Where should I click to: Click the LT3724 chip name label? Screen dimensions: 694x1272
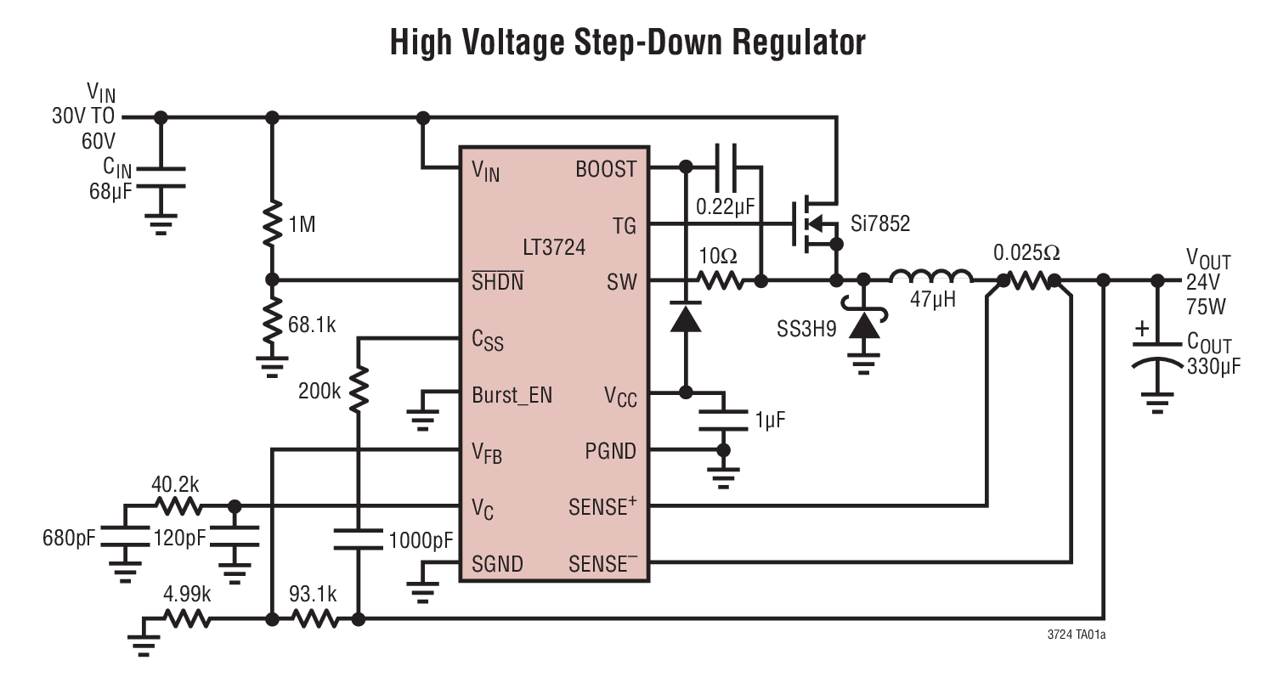554,247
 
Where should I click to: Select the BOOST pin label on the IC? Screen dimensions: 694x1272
605,169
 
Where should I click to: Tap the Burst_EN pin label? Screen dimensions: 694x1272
512,395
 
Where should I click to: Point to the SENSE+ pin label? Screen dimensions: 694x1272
602,507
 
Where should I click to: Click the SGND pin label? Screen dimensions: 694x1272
497,564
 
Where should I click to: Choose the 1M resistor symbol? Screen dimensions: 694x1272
272,223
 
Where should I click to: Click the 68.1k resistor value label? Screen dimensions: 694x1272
312,324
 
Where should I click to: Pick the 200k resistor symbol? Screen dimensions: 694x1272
358,389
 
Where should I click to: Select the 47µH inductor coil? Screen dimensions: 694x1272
930,277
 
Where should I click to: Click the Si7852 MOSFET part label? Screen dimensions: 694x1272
879,223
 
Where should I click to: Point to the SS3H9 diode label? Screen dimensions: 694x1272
806,329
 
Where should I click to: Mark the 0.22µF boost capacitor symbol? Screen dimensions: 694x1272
725,167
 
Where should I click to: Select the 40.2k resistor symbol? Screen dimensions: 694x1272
178,507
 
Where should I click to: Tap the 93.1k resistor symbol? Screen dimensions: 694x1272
314,620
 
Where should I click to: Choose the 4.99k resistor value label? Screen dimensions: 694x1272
187,595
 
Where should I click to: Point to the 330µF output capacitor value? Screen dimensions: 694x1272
1213,366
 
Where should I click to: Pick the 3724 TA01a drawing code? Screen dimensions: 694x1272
1077,635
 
